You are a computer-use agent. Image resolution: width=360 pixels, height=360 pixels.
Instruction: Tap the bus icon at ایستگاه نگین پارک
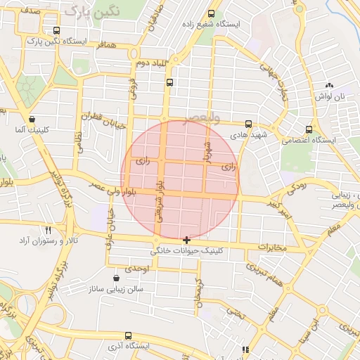tap(56, 31)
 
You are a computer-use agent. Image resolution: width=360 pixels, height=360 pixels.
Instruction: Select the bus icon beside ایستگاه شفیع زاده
tap(212, 13)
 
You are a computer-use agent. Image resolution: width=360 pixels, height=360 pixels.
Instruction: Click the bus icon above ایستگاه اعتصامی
tap(309, 129)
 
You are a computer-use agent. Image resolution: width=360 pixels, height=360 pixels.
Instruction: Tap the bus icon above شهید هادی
tap(248, 124)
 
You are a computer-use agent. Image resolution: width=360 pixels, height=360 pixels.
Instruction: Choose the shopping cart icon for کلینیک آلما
tap(31, 120)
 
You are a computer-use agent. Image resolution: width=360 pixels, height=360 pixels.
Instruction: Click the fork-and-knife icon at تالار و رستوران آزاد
tap(49, 230)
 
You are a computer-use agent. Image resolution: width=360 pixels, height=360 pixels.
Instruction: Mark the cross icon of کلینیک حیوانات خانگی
tap(186, 240)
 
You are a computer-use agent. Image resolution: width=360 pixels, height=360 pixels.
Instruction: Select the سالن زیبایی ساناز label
tap(116, 289)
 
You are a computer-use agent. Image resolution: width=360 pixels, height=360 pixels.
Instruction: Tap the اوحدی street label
tap(136, 269)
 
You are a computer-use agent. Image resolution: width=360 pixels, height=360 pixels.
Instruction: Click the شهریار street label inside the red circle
tap(207, 150)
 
